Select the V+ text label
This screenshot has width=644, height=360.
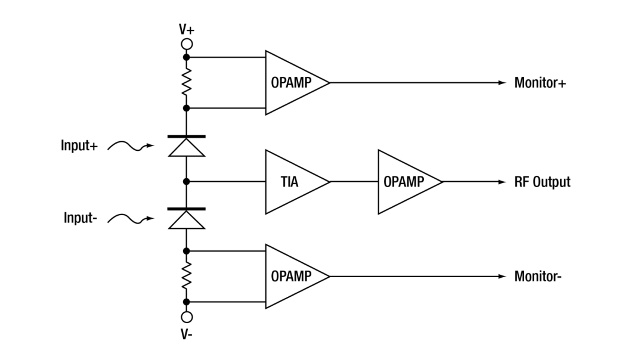pos(187,30)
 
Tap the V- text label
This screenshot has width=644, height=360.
pos(187,334)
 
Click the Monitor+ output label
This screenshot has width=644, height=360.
pos(540,83)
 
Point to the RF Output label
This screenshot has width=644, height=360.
pos(542,182)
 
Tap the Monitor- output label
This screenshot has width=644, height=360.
pos(538,277)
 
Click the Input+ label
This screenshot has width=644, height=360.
pos(79,145)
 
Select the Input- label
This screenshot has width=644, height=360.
pos(80,218)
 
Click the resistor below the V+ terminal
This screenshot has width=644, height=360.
pos(187,82)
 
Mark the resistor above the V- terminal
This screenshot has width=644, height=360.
pos(187,277)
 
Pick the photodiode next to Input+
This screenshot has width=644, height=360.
pos(187,146)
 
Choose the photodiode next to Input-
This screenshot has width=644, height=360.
pos(187,218)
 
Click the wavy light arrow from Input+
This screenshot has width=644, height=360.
pos(131,145)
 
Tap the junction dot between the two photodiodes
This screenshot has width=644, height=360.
pos(187,181)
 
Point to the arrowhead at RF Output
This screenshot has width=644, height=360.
pos(502,182)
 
